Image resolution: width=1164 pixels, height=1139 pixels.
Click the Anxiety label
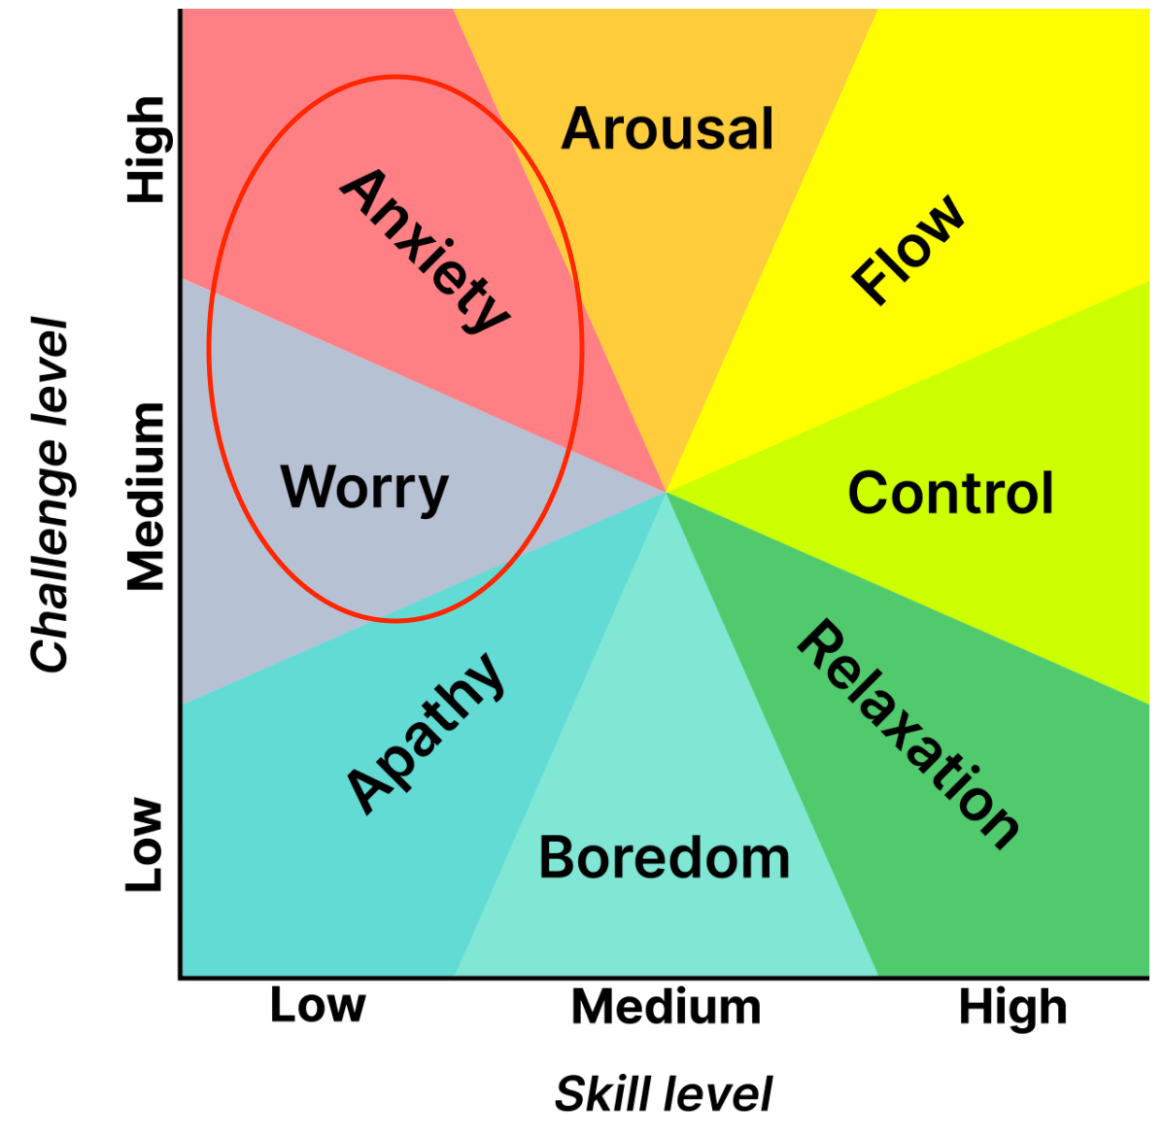tap(426, 251)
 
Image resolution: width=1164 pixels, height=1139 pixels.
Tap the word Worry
tap(364, 489)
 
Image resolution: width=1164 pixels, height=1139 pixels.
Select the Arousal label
tap(668, 128)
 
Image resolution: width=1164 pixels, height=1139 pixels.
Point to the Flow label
tap(907, 250)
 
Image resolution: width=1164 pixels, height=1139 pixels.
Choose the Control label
tap(950, 493)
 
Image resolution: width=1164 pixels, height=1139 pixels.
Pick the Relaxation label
tap(907, 735)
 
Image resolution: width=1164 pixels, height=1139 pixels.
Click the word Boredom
tap(664, 857)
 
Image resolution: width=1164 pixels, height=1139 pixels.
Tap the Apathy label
tap(427, 734)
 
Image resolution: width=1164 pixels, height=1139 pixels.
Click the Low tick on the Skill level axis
tap(318, 1005)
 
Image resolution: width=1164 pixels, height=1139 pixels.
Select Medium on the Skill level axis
tap(666, 1007)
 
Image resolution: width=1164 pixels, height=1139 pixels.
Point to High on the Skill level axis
tap(1012, 1009)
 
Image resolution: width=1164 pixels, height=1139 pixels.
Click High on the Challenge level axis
tap(147, 150)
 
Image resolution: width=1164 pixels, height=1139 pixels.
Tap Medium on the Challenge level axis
tap(145, 496)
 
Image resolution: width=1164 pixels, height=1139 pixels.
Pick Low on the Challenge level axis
tap(143, 845)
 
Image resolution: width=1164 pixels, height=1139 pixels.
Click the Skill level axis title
tap(663, 1093)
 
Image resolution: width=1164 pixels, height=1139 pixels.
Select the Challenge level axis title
tap(51, 495)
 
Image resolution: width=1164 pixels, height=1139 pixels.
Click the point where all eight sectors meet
tap(666, 492)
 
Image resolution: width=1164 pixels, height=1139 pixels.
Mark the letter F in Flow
tap(870, 283)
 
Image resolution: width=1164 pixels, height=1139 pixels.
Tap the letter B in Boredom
tap(556, 857)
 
